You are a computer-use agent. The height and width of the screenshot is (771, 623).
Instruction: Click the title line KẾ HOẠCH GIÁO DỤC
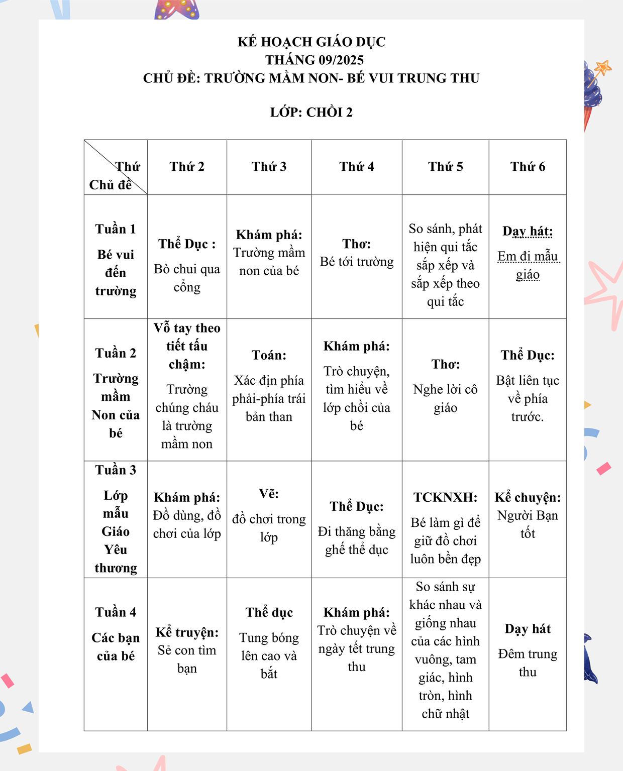[x=311, y=42]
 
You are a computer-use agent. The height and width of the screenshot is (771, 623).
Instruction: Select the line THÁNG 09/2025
[x=315, y=60]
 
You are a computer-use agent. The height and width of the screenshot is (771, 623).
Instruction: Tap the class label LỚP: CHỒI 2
[x=311, y=112]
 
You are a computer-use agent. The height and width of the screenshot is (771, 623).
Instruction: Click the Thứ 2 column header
[x=187, y=167]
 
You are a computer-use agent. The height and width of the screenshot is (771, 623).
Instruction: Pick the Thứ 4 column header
[x=357, y=167]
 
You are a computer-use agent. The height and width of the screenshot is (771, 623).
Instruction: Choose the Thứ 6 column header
[x=528, y=167]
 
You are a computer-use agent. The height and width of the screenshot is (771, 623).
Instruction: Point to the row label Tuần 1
[x=116, y=229]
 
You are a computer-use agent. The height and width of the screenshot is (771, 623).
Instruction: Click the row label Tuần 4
[x=116, y=612]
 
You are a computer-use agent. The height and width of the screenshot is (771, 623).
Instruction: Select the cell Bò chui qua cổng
[x=187, y=278]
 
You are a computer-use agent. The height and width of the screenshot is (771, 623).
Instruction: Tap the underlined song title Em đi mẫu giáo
[x=528, y=265]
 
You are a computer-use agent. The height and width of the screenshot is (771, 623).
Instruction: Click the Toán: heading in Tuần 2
[x=269, y=356]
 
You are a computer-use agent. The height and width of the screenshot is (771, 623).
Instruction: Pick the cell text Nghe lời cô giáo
[x=445, y=398]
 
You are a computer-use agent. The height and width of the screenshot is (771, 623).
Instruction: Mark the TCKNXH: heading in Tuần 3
[x=445, y=498]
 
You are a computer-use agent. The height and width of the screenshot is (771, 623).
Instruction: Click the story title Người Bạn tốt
[x=528, y=524]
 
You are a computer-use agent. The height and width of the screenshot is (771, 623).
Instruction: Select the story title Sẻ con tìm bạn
[x=187, y=659]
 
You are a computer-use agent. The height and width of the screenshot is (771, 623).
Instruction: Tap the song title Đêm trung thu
[x=528, y=663]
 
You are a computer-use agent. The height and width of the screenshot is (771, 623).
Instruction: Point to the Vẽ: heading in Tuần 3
[x=269, y=494]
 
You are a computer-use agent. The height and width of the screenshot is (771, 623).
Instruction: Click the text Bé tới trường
[x=357, y=262]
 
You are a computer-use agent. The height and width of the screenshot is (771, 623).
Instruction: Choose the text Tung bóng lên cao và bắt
[x=269, y=655]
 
